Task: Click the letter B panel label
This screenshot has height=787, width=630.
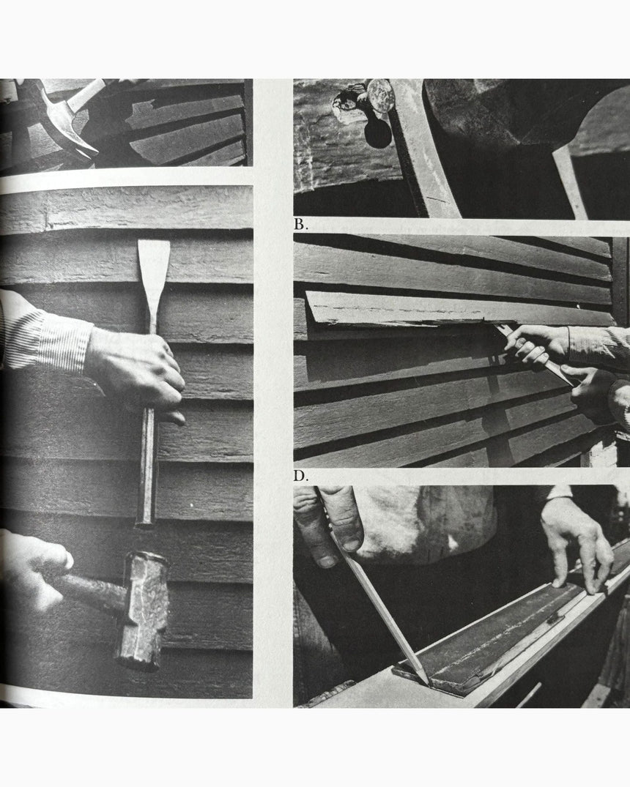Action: pyautogui.click(x=300, y=225)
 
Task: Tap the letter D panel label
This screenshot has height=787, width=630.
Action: pyautogui.click(x=300, y=476)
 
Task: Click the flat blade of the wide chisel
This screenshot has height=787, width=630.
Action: pyautogui.click(x=153, y=271)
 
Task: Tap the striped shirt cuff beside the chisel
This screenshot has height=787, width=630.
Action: pyautogui.click(x=48, y=340)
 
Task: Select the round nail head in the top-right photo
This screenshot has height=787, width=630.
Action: pyautogui.click(x=380, y=95)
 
